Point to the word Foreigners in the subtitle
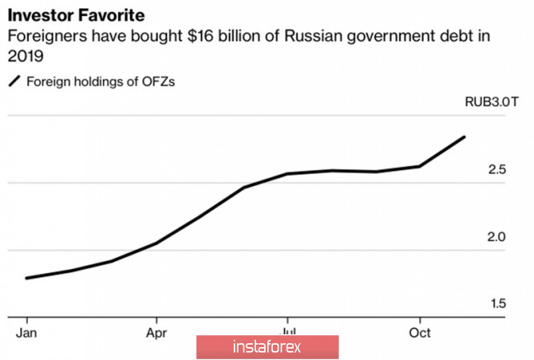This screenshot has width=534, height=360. pos(47,37)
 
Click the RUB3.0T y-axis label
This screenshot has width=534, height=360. pos(491,102)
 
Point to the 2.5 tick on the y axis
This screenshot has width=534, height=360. pos(496,170)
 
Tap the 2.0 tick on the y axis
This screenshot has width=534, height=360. pos(496,237)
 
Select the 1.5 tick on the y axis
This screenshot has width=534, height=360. pos(496,304)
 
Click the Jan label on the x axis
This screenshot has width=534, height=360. pos(27,332)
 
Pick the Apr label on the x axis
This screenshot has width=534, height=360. pos(157,332)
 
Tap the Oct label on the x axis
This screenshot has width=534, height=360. pos(420,332)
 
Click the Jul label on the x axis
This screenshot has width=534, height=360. pos(287,330)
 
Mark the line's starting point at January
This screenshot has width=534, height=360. pos(27,278)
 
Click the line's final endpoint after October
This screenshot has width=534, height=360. pos(464,137)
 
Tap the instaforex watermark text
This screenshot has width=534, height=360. pos(266,348)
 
